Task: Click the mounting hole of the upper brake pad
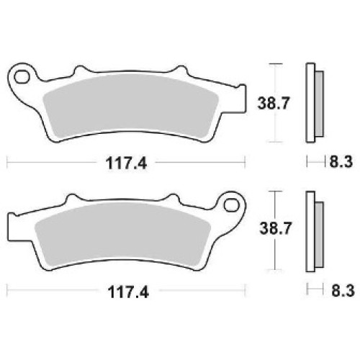pyautogui.click(x=22, y=77)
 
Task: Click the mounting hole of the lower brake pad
pyautogui.click(x=232, y=205)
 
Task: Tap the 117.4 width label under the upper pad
pyautogui.click(x=126, y=163)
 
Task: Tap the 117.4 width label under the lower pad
pyautogui.click(x=128, y=292)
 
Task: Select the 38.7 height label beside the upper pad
pyautogui.click(x=273, y=103)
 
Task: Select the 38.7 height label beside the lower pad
pyautogui.click(x=275, y=228)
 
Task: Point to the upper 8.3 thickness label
pyautogui.click(x=341, y=162)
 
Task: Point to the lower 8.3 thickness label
pyautogui.click(x=343, y=291)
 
